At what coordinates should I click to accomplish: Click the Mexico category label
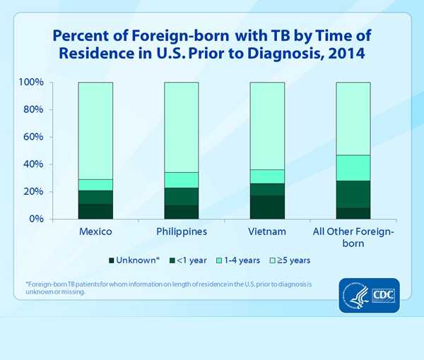pyautogui.click(x=95, y=232)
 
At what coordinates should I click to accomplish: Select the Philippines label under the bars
pyautogui.click(x=181, y=232)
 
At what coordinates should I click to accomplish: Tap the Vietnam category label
pyautogui.click(x=266, y=232)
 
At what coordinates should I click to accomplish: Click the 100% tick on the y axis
pyautogui.click(x=31, y=83)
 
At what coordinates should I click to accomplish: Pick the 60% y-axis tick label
pyautogui.click(x=33, y=137)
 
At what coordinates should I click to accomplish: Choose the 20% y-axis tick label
pyautogui.click(x=33, y=192)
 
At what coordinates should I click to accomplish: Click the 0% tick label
pyautogui.click(x=36, y=219)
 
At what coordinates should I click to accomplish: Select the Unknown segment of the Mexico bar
pyautogui.click(x=95, y=211)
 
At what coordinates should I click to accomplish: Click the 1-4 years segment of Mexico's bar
pyautogui.click(x=95, y=185)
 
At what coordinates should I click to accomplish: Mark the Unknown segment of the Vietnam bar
pyautogui.click(x=266, y=207)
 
